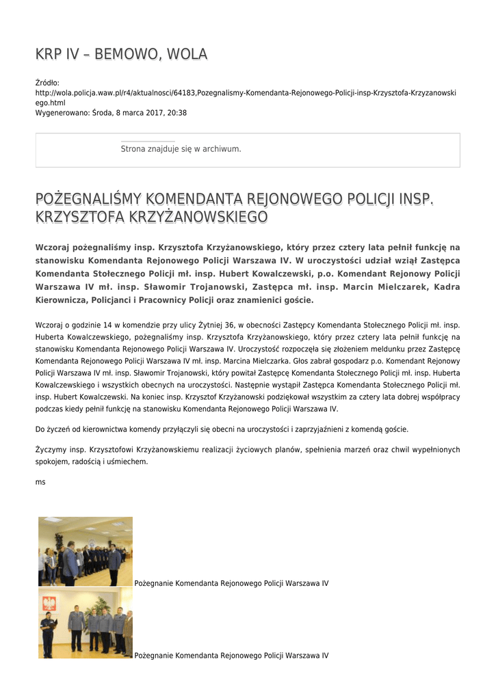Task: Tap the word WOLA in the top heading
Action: pos(184,54)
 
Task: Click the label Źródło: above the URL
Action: pos(47,83)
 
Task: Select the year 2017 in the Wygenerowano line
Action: pos(152,113)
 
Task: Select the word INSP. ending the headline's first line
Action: pos(417,199)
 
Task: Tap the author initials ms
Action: pos(40,482)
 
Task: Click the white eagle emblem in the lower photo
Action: pos(49,602)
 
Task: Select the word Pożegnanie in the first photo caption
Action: pos(154,584)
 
